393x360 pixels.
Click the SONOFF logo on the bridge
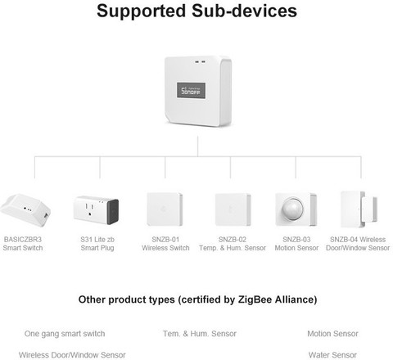tap(191, 91)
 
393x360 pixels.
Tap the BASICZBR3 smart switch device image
tap(25, 210)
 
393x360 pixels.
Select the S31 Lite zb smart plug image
tap(96, 210)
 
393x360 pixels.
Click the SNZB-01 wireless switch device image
tap(165, 209)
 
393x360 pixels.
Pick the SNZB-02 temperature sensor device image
tap(233, 209)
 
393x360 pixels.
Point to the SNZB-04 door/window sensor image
tap(359, 209)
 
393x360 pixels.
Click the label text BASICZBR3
tap(23, 240)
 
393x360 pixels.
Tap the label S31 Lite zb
tap(97, 240)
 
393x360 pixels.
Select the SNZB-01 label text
tap(165, 240)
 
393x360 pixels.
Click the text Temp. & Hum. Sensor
tap(233, 248)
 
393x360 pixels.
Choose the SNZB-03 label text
tap(296, 240)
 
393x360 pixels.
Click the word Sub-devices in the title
tap(244, 11)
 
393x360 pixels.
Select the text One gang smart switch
tap(65, 334)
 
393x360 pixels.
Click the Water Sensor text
tap(332, 355)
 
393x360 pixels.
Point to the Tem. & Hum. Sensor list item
tap(200, 334)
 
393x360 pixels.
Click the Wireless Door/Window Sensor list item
tap(72, 355)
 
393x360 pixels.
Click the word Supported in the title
tap(142, 11)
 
